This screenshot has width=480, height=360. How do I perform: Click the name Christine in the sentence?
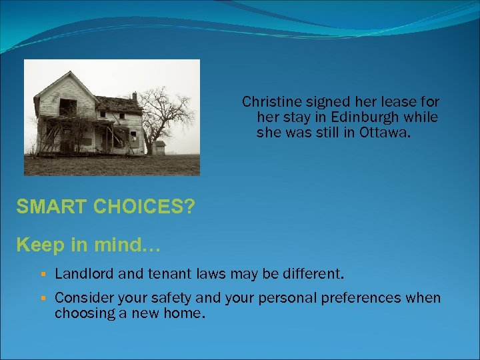[269, 102]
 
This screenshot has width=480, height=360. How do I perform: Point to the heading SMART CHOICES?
[106, 207]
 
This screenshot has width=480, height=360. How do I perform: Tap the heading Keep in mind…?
[88, 245]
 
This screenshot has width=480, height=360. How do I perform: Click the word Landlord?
[83, 273]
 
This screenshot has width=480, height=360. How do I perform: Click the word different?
[311, 273]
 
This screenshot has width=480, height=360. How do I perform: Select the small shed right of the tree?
[159, 147]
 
